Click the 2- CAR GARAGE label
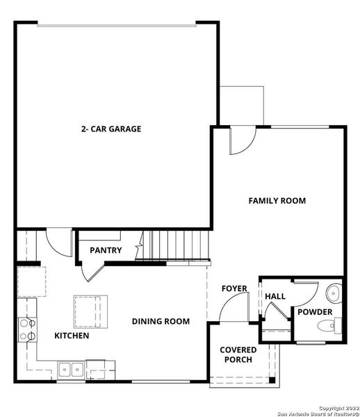click(111, 129)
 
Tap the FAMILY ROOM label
click(277, 201)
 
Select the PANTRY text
click(106, 250)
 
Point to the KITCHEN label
click(72, 336)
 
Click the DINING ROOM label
click(161, 321)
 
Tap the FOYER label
click(234, 288)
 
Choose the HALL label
click(275, 296)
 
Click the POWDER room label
click(316, 312)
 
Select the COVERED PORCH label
click(238, 354)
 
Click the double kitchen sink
click(72, 368)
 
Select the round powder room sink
click(334, 292)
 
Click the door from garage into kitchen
click(58, 243)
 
